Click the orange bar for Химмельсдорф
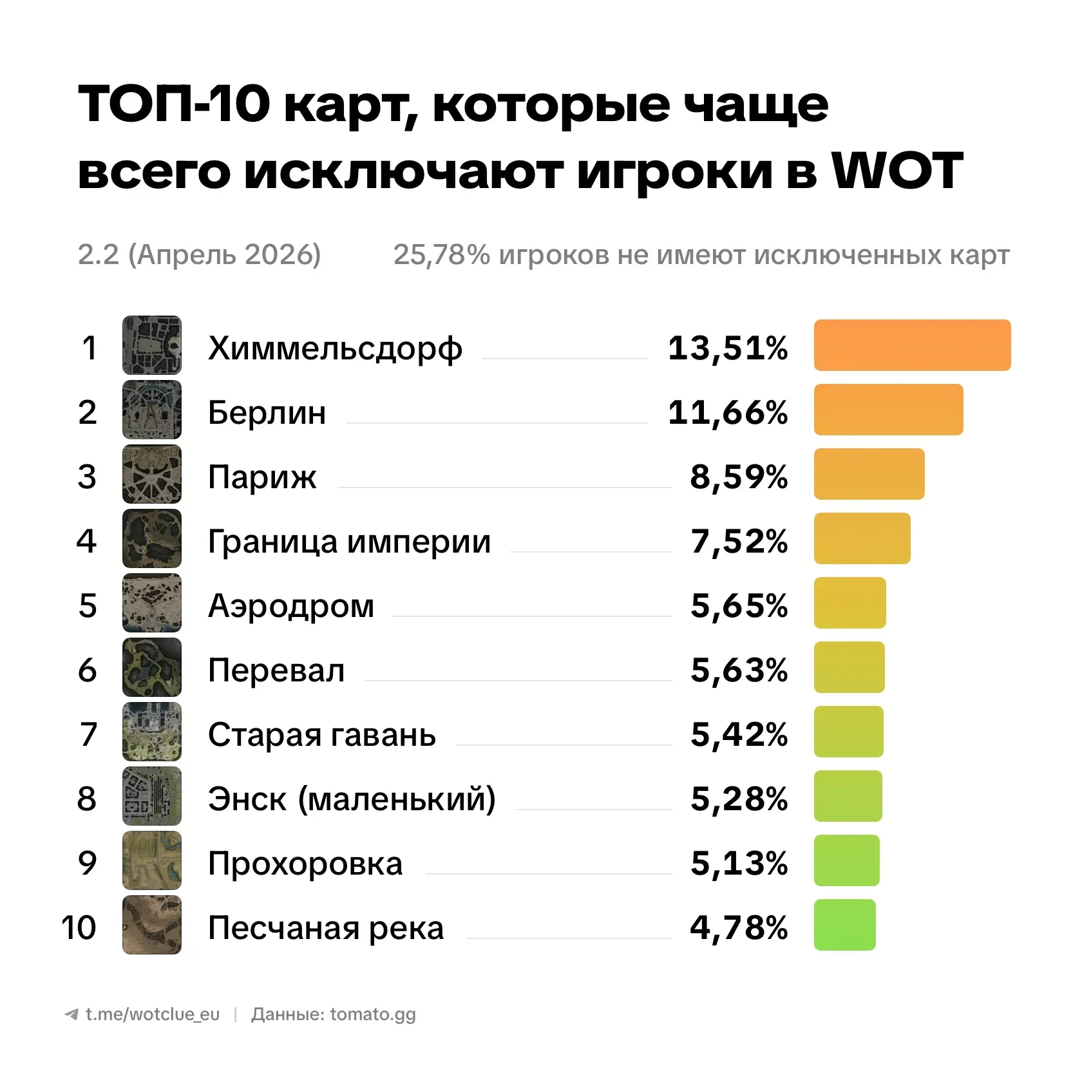click(912, 345)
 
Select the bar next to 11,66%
click(888, 410)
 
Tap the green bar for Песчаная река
click(844, 925)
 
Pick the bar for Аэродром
click(849, 603)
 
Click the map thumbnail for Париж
click(152, 474)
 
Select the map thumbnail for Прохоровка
click(152, 860)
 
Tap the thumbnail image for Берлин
click(152, 410)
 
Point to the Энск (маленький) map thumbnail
click(152, 796)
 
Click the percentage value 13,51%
click(728, 348)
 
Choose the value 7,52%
click(739, 541)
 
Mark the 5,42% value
click(739, 734)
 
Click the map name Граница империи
click(349, 541)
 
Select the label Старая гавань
click(321, 734)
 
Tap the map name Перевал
click(276, 670)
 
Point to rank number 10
click(79, 927)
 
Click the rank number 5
click(88, 605)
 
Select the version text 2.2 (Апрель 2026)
click(199, 254)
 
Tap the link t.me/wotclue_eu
click(152, 1014)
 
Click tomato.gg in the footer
click(373, 1014)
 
